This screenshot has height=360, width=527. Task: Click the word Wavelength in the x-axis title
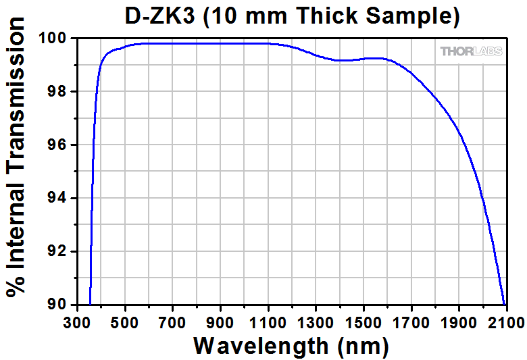[x=260, y=346]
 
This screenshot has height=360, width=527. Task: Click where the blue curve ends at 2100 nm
[x=504, y=304]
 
